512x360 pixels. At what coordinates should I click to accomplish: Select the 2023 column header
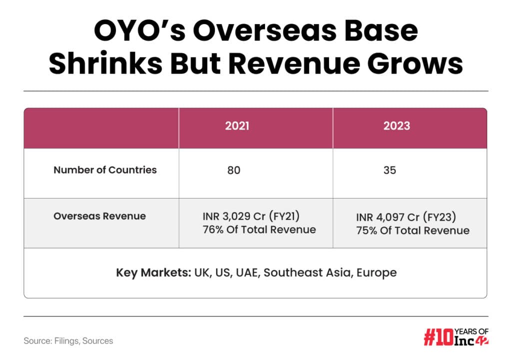396,126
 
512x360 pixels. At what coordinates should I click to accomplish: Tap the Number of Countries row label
105,170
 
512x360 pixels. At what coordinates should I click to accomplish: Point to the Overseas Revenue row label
99,216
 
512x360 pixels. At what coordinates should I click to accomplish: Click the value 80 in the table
233,170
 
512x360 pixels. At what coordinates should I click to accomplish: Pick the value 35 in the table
389,170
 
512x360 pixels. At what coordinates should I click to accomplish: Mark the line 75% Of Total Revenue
412,230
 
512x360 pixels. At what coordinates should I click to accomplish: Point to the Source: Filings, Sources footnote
68,341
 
